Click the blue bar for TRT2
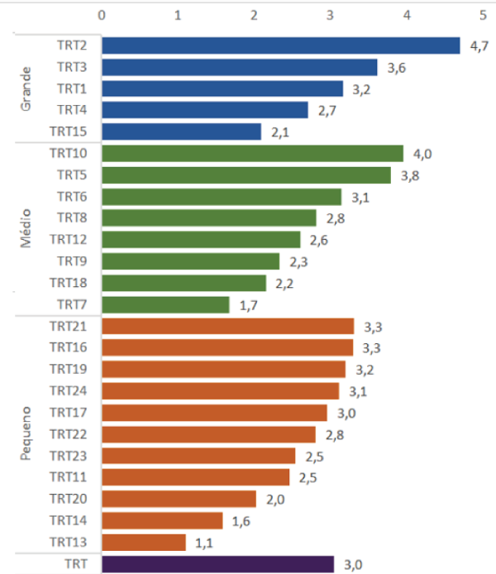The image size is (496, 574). click(x=281, y=45)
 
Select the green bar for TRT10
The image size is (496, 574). click(x=252, y=153)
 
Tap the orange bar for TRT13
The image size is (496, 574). click(x=144, y=542)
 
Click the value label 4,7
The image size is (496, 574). click(x=479, y=46)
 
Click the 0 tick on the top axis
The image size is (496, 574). click(x=101, y=14)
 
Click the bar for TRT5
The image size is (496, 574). click(x=246, y=175)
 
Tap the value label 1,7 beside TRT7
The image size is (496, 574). click(x=248, y=306)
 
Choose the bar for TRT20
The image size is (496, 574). click(x=179, y=499)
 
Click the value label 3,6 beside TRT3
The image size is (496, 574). click(x=396, y=69)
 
